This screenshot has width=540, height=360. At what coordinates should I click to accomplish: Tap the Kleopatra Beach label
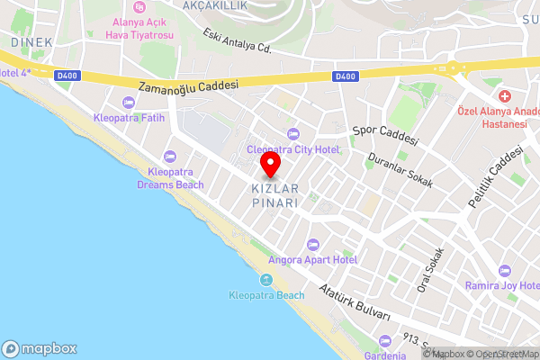tap(265, 295)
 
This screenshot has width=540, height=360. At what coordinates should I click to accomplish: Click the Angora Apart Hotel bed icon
tap(313, 245)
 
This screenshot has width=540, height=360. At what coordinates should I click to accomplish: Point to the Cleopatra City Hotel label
tap(293, 149)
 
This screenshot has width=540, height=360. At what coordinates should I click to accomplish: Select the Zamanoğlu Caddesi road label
tap(188, 85)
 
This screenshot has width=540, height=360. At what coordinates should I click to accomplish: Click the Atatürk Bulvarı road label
tap(355, 304)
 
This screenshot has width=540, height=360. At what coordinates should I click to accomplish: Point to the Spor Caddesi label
tap(385, 134)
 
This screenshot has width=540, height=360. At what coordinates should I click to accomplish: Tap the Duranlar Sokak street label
tap(400, 169)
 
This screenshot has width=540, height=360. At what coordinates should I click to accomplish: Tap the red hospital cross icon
tap(504, 95)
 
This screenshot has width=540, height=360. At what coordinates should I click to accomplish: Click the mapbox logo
tap(40, 348)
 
